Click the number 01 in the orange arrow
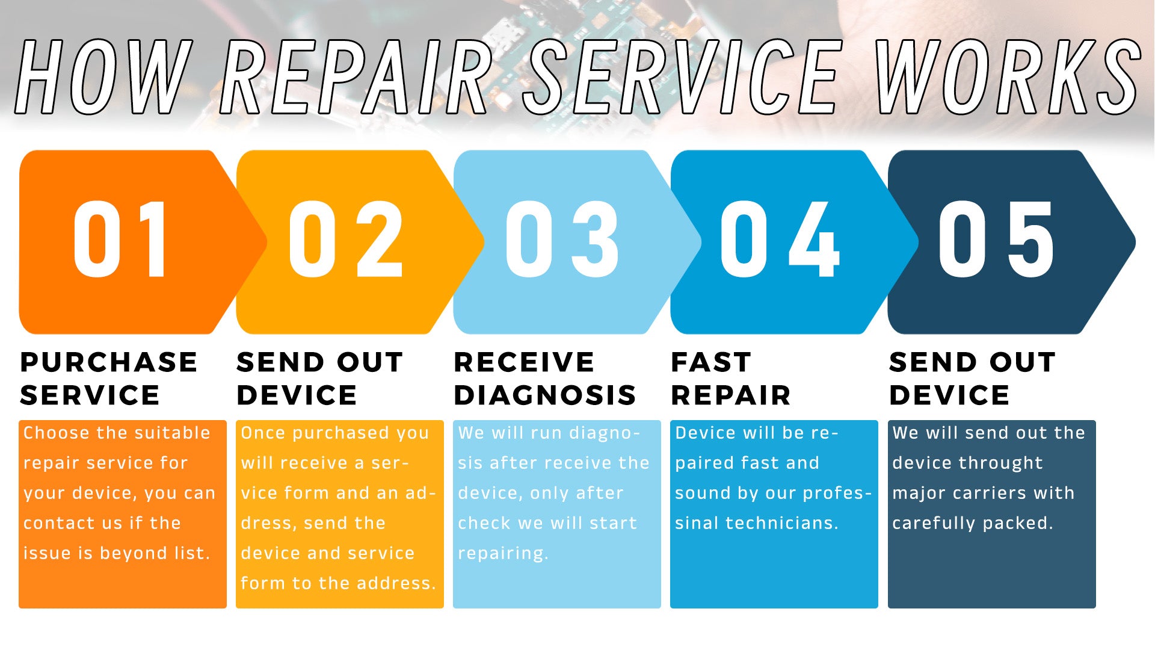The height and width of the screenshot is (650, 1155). pyautogui.click(x=120, y=239)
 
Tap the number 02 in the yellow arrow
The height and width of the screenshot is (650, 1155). pyautogui.click(x=346, y=239)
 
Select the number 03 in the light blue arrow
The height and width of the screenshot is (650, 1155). pyautogui.click(x=562, y=239)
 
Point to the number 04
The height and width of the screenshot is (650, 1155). pyautogui.click(x=780, y=239)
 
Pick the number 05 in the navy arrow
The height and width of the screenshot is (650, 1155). pyautogui.click(x=996, y=239)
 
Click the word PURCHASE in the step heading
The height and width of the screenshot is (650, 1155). pyautogui.click(x=109, y=362)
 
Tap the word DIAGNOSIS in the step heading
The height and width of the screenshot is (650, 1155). pyautogui.click(x=545, y=395)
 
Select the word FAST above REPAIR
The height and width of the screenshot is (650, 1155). pyautogui.click(x=711, y=362)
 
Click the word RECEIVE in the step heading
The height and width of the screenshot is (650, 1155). pyautogui.click(x=525, y=362)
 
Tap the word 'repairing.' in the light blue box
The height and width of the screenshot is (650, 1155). pyautogui.click(x=503, y=554)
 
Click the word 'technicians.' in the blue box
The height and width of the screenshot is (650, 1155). pyautogui.click(x=782, y=523)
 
